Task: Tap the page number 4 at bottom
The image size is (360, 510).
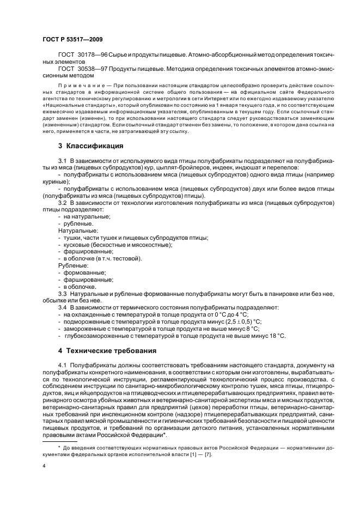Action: pos(44,466)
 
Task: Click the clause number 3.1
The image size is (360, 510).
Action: pos(62,161)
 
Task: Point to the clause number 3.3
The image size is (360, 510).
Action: pos(62,293)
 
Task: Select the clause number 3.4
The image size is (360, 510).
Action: pos(62,307)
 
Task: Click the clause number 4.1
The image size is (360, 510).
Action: pos(62,364)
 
